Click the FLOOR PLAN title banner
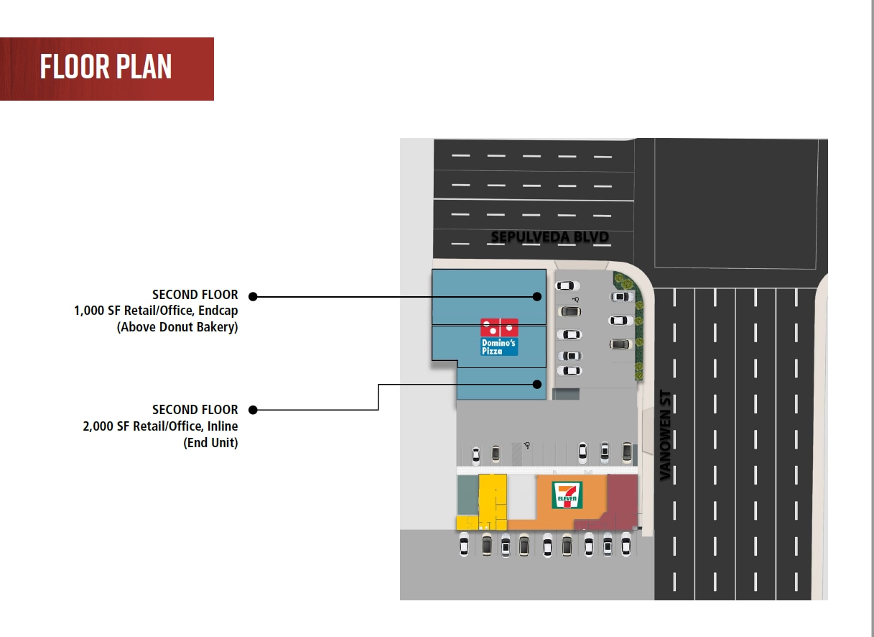pos(106,69)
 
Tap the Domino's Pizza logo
pos(499,337)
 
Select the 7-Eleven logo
pos(567,495)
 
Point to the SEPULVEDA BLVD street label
pos(550,237)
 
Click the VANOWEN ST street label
pos(665,435)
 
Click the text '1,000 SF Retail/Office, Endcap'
pos(156,311)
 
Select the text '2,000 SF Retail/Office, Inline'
pos(160,426)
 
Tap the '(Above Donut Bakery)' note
pos(177,327)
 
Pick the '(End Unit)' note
pos(210,443)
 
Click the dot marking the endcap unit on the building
pos(537,296)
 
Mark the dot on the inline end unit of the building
pos(537,385)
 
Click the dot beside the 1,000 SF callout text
pos(253,296)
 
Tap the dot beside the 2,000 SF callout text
pos(253,410)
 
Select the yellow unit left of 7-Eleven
pos(493,502)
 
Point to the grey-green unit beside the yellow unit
pos(468,495)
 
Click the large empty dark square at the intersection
pos(736,203)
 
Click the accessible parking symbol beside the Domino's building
pos(576,300)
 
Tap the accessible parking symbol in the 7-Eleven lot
pos(527,445)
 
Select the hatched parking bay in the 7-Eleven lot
pos(516,454)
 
